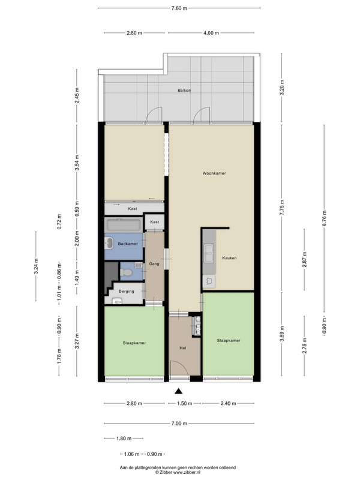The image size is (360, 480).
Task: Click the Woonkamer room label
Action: click(214, 173)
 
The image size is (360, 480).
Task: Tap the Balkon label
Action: click(184, 91)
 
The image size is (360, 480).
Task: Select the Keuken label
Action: click(229, 258)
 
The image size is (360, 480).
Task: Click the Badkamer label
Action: click(128, 244)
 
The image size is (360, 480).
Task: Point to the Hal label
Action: click(183, 348)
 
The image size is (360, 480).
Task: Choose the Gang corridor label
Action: click(154, 263)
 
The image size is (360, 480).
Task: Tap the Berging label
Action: click(127, 292)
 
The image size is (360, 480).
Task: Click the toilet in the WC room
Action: click(126, 272)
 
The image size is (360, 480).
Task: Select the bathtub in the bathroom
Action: click(124, 226)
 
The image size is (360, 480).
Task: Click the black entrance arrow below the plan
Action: click(179, 391)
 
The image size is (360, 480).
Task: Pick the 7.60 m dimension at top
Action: click(179, 8)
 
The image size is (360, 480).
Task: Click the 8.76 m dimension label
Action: click(325, 218)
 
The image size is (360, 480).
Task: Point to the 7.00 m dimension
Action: click(179, 424)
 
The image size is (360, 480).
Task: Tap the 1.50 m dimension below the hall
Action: click(185, 403)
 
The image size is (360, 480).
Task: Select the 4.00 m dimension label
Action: click(211, 33)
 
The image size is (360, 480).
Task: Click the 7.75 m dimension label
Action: click(282, 207)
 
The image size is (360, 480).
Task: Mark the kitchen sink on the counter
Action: click(209, 253)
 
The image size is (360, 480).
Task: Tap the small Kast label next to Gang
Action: click(155, 222)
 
